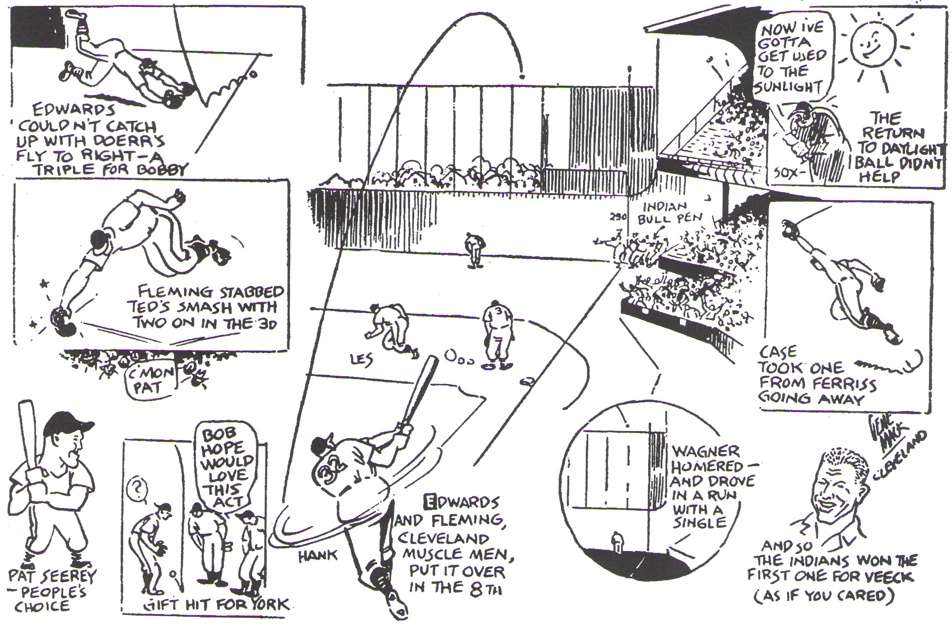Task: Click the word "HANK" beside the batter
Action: pyautogui.click(x=318, y=556)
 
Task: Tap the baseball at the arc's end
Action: pyautogui.click(x=522, y=76)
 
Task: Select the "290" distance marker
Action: pyautogui.click(x=618, y=217)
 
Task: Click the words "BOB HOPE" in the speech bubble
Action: pyautogui.click(x=223, y=441)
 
